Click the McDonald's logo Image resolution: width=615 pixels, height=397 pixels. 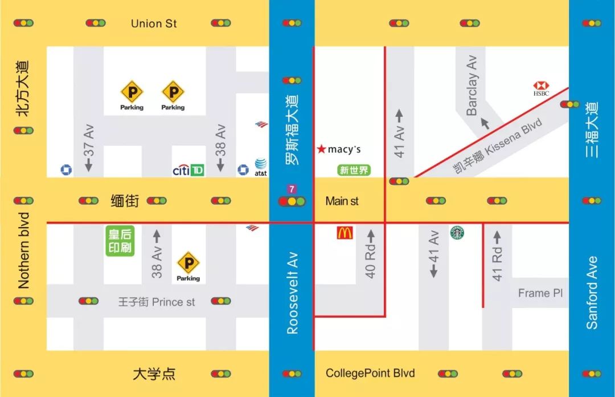tap(345, 233)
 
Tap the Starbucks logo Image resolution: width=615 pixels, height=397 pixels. tap(457, 233)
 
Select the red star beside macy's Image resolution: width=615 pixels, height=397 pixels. tap(322, 149)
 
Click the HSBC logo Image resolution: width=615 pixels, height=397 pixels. tap(540, 88)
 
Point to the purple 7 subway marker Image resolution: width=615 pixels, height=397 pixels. tap(292, 189)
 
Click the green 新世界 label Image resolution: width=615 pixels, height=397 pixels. tap(354, 170)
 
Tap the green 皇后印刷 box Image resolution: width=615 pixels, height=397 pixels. tap(120, 241)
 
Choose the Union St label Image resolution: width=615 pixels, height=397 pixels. tap(154, 23)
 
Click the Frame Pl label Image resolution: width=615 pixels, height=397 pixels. tap(540, 293)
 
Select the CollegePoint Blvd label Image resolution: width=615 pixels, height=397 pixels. tap(370, 374)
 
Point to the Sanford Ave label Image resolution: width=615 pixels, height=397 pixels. tap(592, 293)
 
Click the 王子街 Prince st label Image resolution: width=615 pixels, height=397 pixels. tap(157, 302)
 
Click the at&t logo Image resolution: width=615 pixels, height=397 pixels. tap(261, 167)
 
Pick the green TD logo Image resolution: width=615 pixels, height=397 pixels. tap(197, 170)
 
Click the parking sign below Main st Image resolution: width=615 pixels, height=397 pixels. tap(188, 264)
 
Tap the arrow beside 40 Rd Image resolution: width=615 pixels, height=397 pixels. tap(371, 236)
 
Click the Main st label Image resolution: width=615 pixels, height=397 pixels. tap(342, 201)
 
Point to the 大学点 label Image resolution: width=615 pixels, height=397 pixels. tap(154, 374)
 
